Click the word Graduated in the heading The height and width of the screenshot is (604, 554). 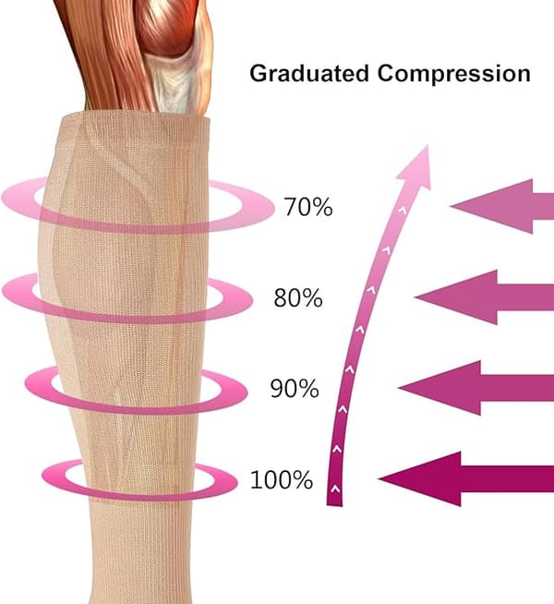tap(309, 73)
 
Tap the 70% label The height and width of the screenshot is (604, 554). tap(308, 207)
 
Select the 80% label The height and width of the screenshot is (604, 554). tap(298, 297)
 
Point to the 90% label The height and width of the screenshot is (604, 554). tap(295, 388)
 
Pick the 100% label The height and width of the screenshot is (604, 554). tap(282, 480)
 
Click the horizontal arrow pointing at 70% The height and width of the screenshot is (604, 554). tap(502, 207)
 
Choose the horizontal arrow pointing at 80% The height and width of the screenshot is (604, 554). tap(485, 297)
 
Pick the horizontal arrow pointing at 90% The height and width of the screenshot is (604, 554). tap(476, 388)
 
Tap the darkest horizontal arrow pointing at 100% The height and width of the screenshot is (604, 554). tap(466, 478)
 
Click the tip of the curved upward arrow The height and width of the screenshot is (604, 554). tap(428, 146)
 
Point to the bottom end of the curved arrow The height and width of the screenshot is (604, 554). tap(334, 504)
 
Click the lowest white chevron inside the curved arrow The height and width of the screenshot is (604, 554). tap(335, 489)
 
